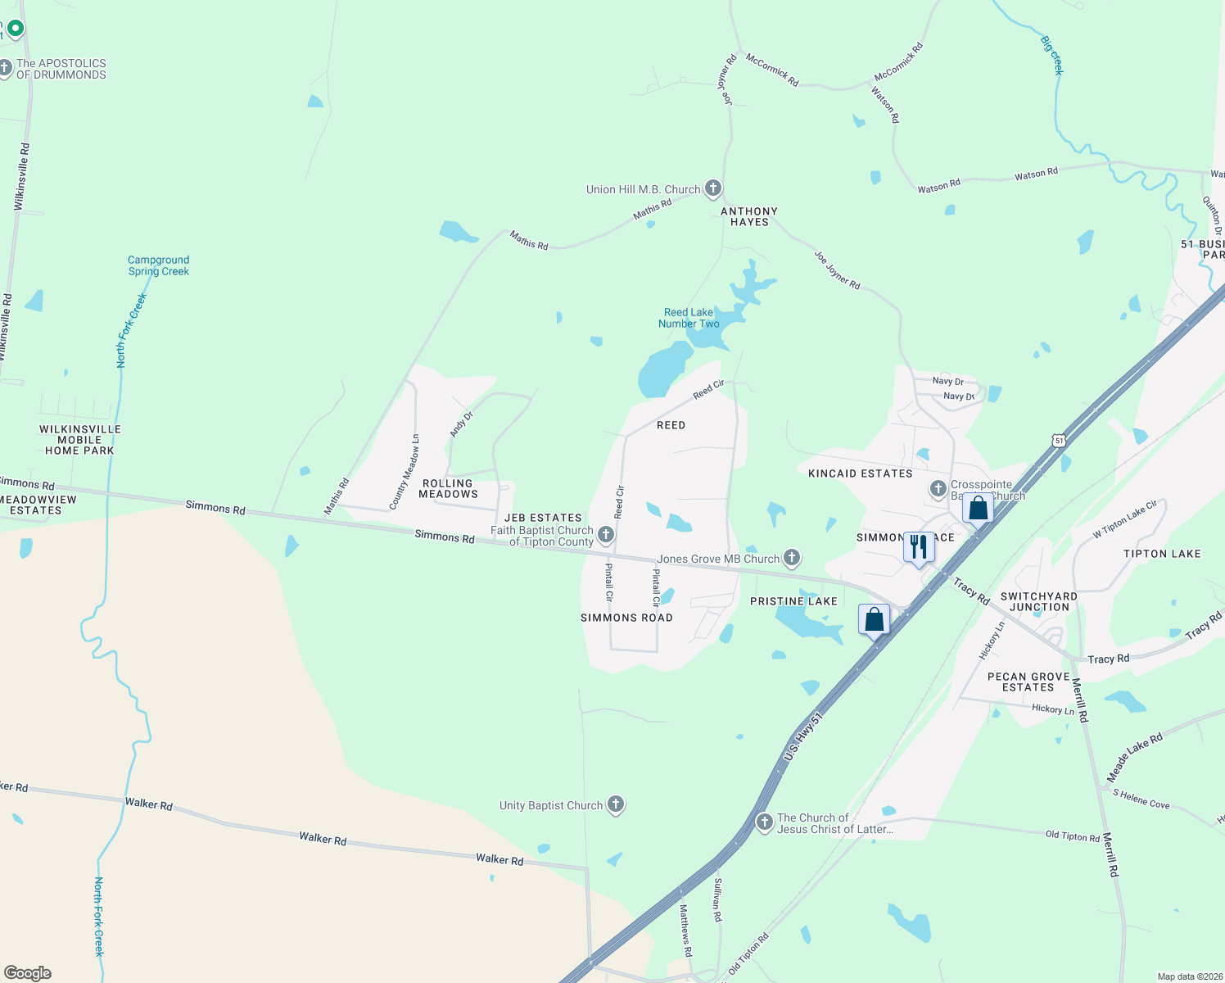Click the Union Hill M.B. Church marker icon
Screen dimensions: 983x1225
(713, 189)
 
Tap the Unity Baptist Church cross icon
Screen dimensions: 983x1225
(616, 805)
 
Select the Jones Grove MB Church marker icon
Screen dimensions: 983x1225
(791, 559)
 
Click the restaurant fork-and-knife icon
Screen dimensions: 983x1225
(919, 547)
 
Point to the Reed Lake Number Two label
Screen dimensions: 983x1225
(689, 318)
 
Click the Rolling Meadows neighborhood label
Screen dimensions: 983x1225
(448, 489)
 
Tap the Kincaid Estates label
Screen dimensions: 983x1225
(860, 473)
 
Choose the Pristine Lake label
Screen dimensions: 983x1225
(793, 601)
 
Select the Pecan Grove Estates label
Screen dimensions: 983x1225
(1028, 682)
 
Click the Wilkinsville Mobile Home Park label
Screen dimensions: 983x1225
(80, 440)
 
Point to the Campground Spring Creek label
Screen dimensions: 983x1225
(159, 265)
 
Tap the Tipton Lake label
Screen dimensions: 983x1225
(1162, 554)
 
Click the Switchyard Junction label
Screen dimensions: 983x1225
(1038, 601)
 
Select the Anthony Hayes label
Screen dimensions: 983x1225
(749, 216)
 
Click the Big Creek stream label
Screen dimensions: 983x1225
(1052, 55)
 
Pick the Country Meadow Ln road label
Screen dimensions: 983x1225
(404, 472)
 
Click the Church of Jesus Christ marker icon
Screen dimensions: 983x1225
(764, 822)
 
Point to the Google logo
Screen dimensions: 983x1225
(28, 973)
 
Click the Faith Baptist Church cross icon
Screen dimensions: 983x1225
(606, 535)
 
